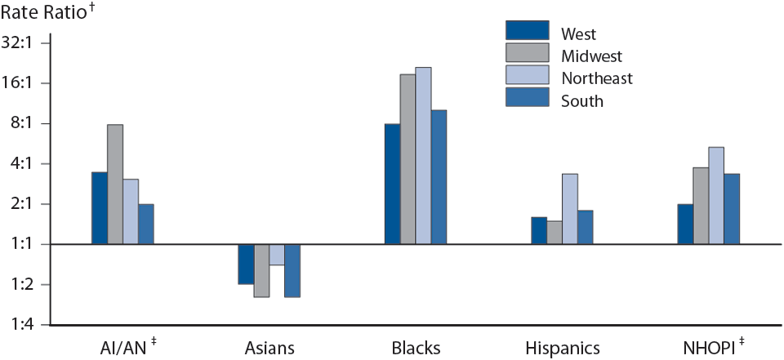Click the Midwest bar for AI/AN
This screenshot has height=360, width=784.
point(115,184)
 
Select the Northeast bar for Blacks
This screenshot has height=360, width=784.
point(423,156)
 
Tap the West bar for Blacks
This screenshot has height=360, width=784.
point(392,184)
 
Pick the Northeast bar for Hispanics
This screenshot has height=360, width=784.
point(570,209)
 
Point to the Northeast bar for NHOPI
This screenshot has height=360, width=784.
point(716,196)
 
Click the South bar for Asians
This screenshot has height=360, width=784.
point(292,270)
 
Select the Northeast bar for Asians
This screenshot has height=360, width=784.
point(277,255)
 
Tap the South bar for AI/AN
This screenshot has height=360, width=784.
point(146,224)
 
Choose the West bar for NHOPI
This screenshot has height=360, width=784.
point(685,224)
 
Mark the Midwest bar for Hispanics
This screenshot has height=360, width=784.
point(555,233)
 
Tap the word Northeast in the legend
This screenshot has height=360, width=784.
point(596,78)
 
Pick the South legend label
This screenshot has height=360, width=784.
point(581,101)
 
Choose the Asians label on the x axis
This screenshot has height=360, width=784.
point(269,349)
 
